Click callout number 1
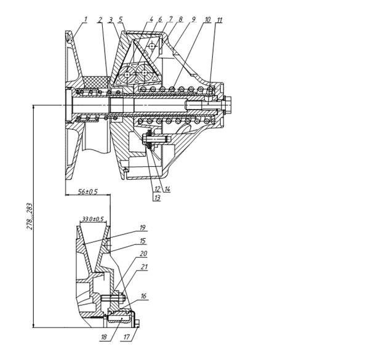pyautogui.click(x=86, y=19)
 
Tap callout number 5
pyautogui.click(x=121, y=20)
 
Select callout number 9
pyautogui.click(x=193, y=19)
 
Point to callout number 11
pyautogui.click(x=220, y=20)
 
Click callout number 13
pyautogui.click(x=157, y=198)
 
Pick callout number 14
pyautogui.click(x=167, y=189)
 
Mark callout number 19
pyautogui.click(x=143, y=228)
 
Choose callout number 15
pyautogui.click(x=143, y=241)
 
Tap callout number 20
pyautogui.click(x=143, y=254)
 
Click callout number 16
pyautogui.click(x=143, y=296)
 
